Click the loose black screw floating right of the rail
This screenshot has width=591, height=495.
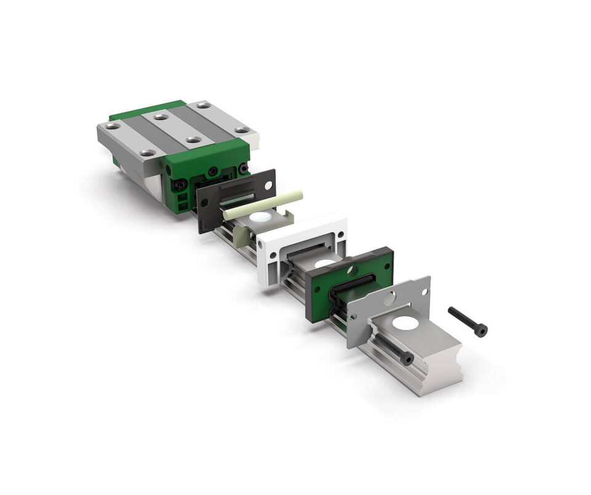click(468, 321)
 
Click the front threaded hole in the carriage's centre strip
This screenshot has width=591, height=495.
click(191, 140)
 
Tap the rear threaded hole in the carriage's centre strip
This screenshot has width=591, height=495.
click(161, 117)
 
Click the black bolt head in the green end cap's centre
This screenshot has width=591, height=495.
click(212, 170)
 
